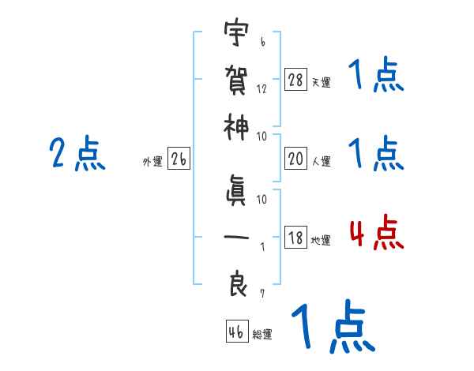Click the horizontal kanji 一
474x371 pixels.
[236, 238]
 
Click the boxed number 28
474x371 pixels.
[295, 80]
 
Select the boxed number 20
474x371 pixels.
[295, 159]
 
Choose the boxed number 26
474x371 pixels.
[179, 159]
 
